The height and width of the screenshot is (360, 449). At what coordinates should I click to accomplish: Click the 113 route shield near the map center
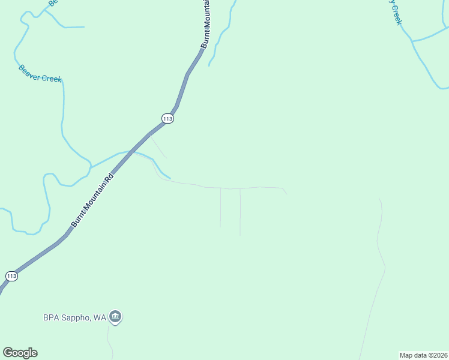pos(167,119)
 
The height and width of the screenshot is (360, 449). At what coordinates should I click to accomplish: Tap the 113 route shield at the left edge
pos(11,276)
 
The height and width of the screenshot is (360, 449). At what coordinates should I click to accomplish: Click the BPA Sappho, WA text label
pos(74,317)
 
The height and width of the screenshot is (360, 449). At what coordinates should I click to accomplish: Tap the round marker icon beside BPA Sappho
pos(116,317)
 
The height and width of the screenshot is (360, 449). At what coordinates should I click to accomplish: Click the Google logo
pos(20,353)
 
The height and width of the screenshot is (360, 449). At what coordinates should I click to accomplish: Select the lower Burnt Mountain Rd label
pos(92,201)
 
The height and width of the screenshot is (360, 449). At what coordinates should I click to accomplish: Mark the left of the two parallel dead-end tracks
pos(220,207)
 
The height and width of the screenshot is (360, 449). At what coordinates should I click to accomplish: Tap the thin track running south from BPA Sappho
pos(109,342)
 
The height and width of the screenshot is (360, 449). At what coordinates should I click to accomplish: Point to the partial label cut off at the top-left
pos(52,3)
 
